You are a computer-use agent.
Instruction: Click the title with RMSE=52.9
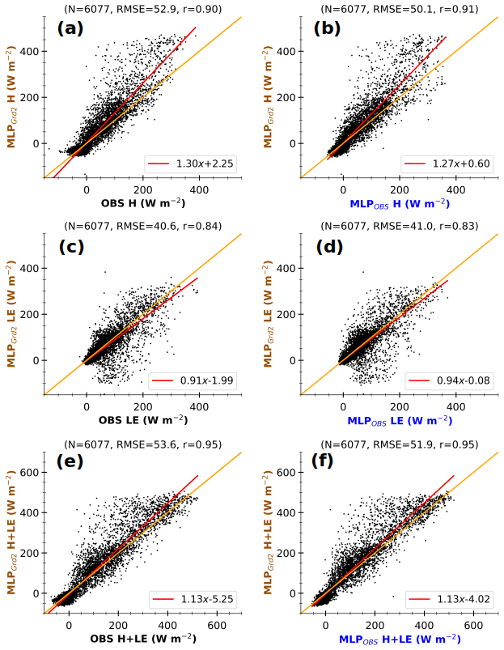coord(144,9)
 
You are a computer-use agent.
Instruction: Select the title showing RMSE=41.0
coord(400,226)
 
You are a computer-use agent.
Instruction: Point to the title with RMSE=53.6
coord(144,443)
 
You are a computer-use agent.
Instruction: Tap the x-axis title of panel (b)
coord(400,203)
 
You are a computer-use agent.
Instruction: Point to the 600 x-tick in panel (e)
coord(217,624)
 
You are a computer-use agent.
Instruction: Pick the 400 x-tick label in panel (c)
coord(199,406)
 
